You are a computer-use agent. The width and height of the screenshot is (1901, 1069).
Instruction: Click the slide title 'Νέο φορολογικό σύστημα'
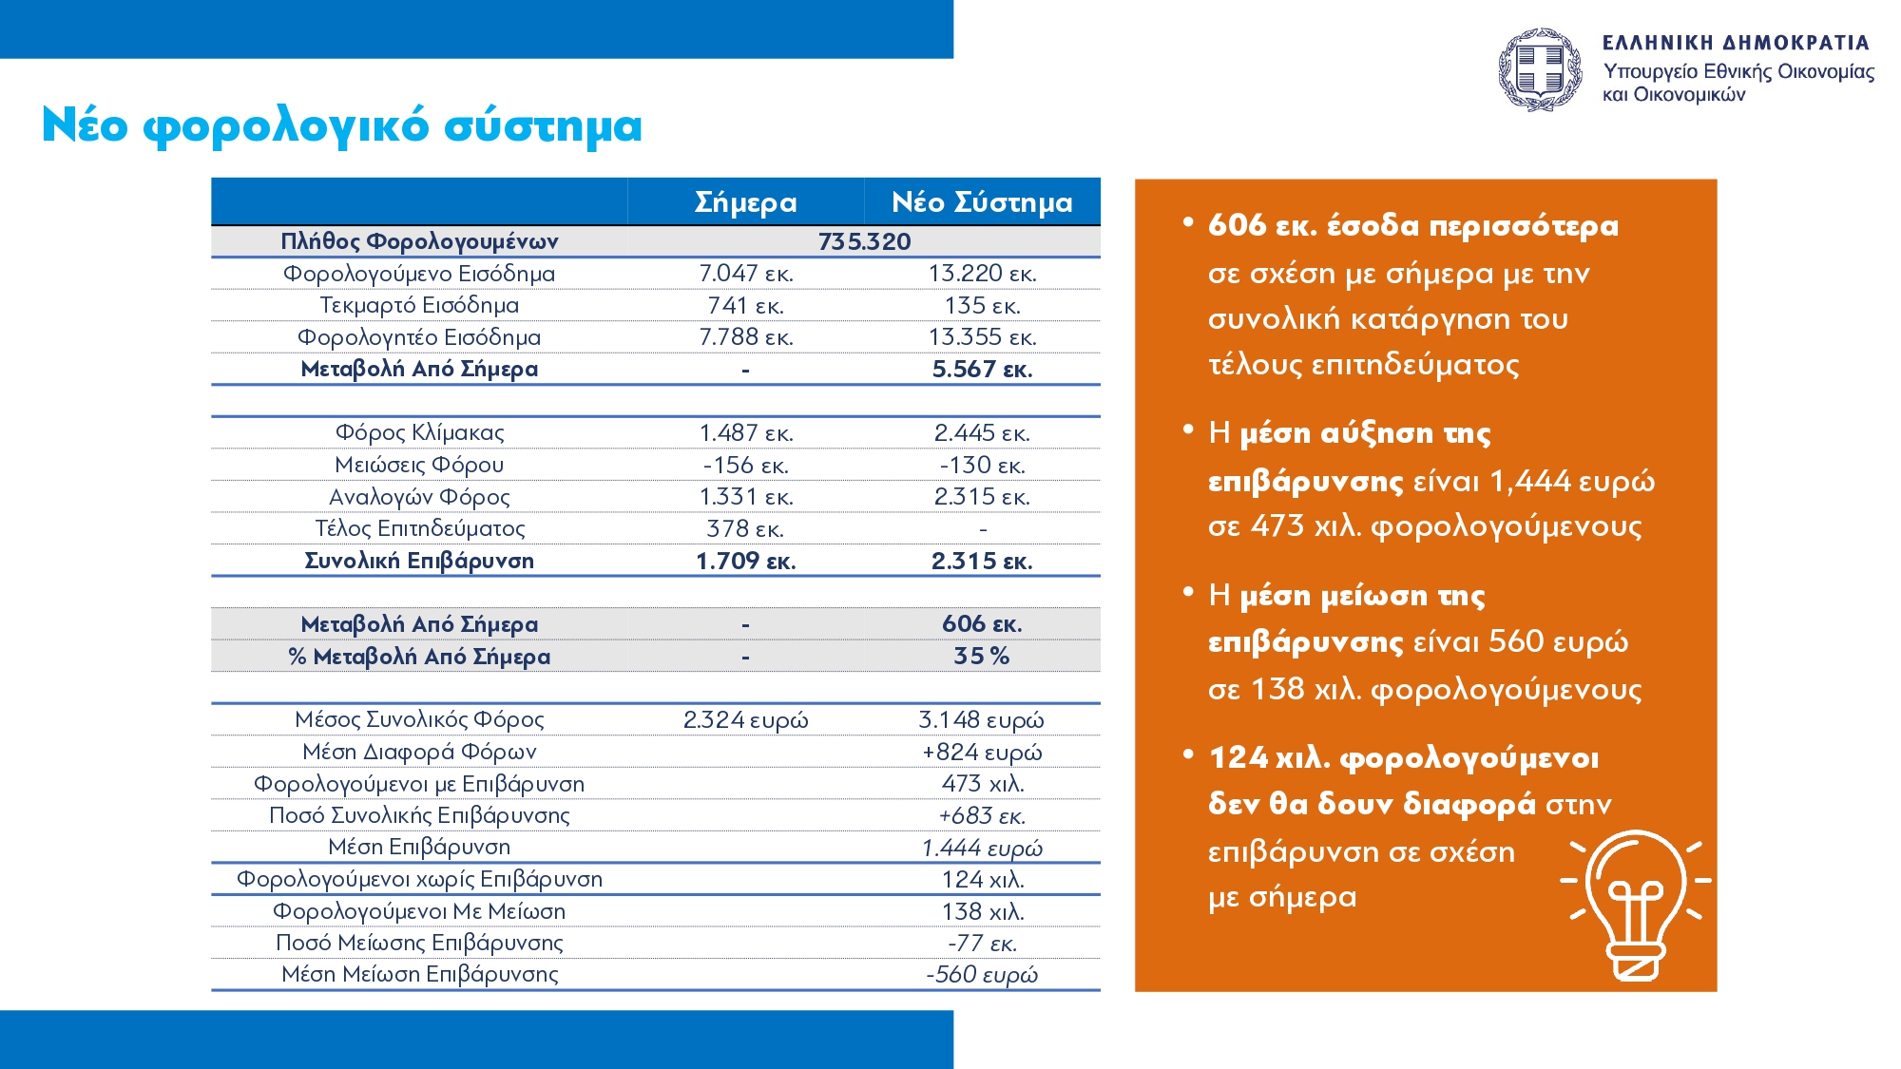coord(342,126)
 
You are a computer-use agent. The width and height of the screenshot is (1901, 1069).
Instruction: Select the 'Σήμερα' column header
coord(745,202)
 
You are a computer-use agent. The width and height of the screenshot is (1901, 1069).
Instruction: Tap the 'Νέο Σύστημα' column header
coord(982,202)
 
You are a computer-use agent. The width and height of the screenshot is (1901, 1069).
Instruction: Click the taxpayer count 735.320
coord(864,241)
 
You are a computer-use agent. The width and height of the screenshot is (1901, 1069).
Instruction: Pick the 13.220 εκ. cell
coord(982,274)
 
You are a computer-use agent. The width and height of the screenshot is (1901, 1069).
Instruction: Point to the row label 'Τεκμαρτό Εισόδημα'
coord(419,305)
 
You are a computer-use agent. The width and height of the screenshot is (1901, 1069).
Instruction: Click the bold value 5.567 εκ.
coord(982,369)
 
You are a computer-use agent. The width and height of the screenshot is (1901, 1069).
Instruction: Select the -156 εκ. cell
coord(745,465)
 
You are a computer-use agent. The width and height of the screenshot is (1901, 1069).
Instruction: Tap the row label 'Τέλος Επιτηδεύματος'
coord(419,528)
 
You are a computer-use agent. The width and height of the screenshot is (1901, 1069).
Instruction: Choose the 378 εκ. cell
coord(745,528)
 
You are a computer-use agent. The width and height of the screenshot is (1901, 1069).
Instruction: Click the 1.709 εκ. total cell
coord(745,561)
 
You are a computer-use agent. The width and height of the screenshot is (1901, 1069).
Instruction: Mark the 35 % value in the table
coord(982,656)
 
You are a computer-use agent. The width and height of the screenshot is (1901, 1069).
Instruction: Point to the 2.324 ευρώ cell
coord(745,720)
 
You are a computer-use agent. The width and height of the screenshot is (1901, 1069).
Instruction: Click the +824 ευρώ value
coord(982,752)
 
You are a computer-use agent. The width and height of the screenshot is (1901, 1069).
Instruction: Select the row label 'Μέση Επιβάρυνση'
coord(419,847)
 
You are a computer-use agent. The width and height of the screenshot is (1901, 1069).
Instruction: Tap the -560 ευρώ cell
coord(982,974)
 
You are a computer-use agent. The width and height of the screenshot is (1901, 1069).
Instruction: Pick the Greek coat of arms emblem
coord(1540,69)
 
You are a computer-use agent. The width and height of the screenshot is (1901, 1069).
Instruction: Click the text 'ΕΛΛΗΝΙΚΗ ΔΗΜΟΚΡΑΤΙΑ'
coord(1736,43)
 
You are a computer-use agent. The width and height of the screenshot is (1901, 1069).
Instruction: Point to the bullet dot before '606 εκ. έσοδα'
coord(1188,222)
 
